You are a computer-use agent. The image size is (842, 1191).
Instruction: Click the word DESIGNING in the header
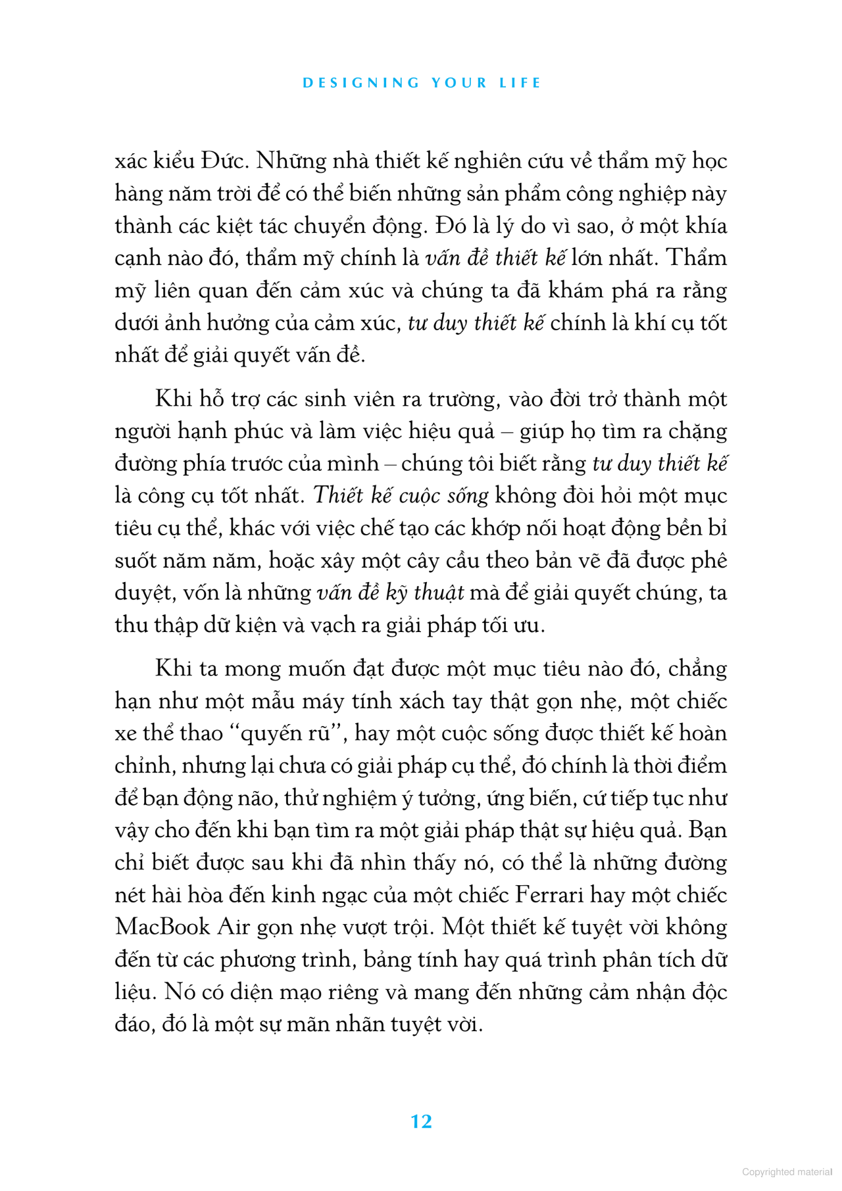tap(361, 83)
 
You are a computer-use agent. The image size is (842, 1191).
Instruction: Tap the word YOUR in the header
tap(459, 83)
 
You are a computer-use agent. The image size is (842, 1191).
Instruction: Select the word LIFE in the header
tap(520, 83)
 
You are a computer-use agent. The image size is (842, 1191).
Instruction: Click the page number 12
tap(421, 1121)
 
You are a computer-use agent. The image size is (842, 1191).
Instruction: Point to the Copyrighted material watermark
tap(787, 1171)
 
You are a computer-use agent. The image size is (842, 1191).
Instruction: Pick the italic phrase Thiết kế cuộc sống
tap(401, 495)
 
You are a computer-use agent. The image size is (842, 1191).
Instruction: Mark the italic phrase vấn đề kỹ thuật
tap(391, 593)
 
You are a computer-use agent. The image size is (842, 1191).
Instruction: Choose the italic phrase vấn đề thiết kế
tap(495, 258)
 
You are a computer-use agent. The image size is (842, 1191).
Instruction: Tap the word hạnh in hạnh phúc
tap(202, 431)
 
